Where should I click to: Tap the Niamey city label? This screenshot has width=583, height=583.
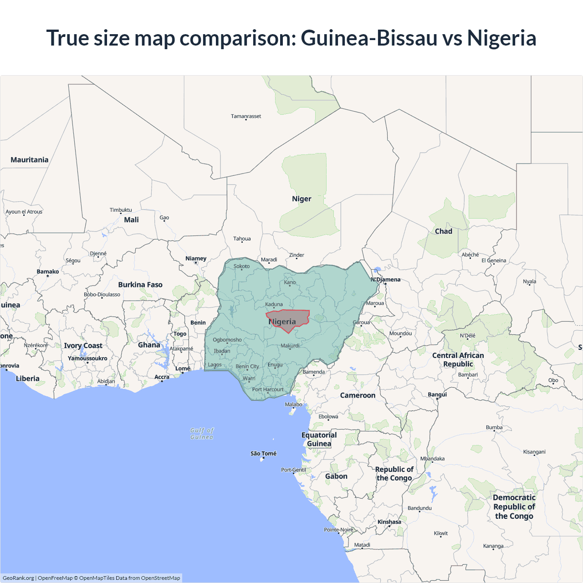coord(196,258)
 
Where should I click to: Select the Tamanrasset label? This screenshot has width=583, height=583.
coord(246,116)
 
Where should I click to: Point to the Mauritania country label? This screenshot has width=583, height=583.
coord(30,160)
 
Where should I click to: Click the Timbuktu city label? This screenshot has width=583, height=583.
coord(121,210)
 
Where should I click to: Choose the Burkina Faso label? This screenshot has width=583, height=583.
coord(140,285)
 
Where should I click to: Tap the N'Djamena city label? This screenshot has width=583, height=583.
coord(386,280)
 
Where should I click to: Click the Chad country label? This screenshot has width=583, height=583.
coord(444,231)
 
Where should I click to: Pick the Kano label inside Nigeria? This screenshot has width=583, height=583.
coord(290,282)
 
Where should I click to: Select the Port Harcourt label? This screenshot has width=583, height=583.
coord(268,389)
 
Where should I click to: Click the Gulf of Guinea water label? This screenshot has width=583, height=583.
coord(202,434)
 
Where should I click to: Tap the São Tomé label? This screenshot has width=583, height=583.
coord(263,454)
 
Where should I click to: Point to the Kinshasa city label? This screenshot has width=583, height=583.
coord(389,522)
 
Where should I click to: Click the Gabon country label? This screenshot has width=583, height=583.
coord(336,476)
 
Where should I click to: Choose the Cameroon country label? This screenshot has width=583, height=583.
coord(358,395)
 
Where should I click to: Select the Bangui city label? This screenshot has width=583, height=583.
coord(437,394)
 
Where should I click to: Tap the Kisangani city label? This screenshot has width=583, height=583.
coord(534,452)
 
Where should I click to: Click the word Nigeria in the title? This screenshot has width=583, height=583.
coord(501,38)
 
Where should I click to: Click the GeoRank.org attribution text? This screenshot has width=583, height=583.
coord(18,578)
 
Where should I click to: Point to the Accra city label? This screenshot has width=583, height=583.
coord(162,377)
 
